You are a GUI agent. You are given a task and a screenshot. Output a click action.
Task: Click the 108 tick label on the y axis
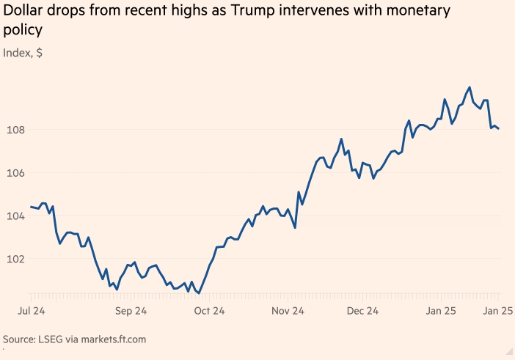coord(13,131)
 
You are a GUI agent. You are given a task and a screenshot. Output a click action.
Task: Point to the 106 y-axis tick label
coord(13,173)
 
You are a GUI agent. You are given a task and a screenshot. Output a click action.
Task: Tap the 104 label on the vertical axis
coord(13,216)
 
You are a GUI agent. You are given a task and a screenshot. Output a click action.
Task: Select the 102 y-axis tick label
coord(13,259)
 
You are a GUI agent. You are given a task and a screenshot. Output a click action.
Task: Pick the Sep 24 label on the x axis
coord(132,311)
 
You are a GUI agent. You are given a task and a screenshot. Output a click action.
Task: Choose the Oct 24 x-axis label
coord(209,311)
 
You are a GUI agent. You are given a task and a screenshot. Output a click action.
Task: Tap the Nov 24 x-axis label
coord(288,311)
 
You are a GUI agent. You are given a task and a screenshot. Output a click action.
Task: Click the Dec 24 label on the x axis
coord(363,311)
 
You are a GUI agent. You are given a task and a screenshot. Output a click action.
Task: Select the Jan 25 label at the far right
coord(497,311)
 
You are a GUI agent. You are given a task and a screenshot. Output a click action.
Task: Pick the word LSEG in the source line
coord(59,339)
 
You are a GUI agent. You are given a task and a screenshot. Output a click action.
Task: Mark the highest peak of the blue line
coord(470,87)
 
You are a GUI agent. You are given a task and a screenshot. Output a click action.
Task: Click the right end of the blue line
coord(499,129)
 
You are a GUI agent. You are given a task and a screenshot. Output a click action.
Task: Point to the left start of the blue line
coord(31,207)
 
